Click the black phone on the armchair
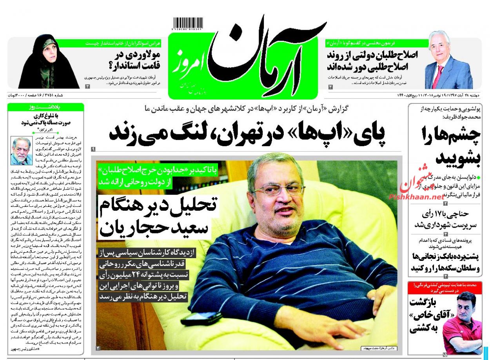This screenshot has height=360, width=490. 201,318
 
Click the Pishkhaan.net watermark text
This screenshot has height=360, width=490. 417,197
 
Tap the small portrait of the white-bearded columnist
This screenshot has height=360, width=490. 22,151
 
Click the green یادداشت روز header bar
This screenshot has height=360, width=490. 46,107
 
